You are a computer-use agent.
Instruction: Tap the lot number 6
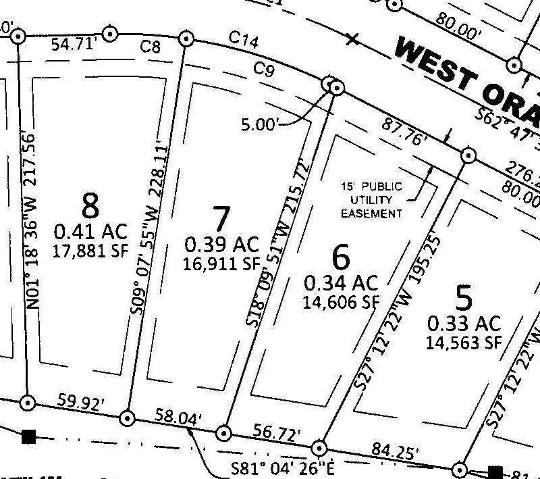[341, 257]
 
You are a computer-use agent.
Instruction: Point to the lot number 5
[463, 297]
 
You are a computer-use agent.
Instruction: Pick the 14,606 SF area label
[340, 299]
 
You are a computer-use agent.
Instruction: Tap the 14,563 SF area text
[463, 342]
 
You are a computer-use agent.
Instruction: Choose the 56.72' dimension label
[277, 432]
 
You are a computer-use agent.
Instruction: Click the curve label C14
[244, 41]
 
